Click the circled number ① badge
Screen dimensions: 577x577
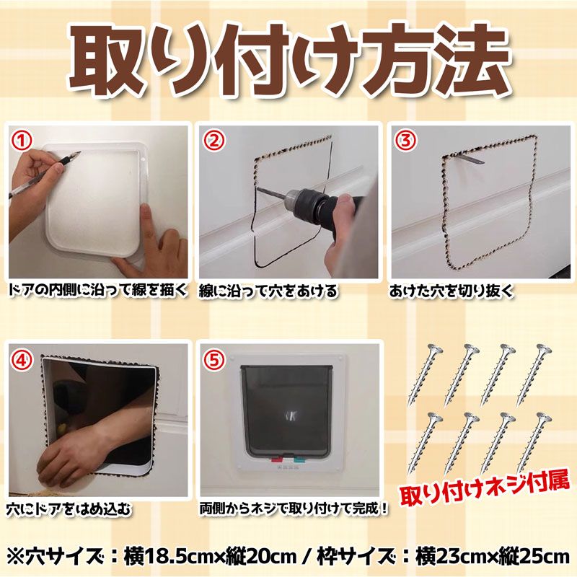coord(22,141)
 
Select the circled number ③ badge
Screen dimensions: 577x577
coord(406,140)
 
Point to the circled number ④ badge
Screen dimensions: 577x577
coord(22,360)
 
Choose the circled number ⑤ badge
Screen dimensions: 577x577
coord(213,360)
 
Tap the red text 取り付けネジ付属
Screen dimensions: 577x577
coord(485,490)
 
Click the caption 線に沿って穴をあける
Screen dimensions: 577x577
coord(268,291)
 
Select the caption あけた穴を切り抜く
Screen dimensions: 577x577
coord(452,291)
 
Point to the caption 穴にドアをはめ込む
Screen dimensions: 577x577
coord(69,509)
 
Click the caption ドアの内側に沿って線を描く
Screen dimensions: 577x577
coord(98,291)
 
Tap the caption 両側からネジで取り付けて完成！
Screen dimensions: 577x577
coord(294,508)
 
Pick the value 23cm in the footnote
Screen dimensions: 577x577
coord(460,557)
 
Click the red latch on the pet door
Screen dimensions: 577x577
coord(276,459)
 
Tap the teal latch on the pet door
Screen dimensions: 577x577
coord(299,459)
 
